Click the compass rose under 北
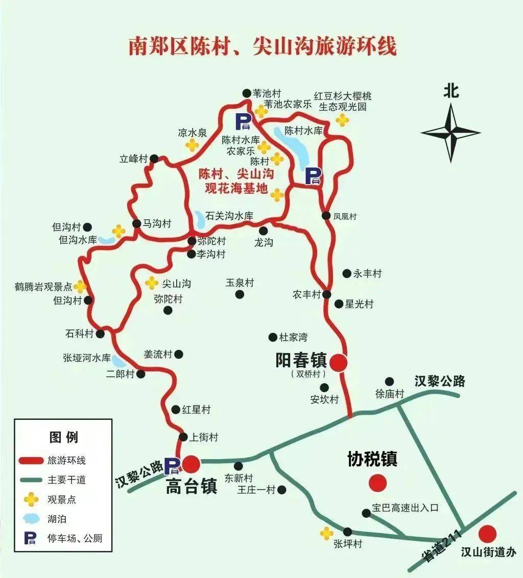pos(450,133)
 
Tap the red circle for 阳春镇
pos(338,363)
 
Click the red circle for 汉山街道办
pos(487,534)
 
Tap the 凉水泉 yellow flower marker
pos(192,145)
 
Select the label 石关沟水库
pos(229,216)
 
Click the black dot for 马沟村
pos(136,223)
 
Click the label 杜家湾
pos(293,337)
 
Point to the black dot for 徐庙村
pos(390,381)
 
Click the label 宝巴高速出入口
pos(405,508)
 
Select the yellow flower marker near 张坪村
pos(326,533)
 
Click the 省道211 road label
pos(442,546)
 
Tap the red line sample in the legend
pos(32,460)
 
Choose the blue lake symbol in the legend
pos(32,518)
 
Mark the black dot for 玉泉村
pos(240,294)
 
